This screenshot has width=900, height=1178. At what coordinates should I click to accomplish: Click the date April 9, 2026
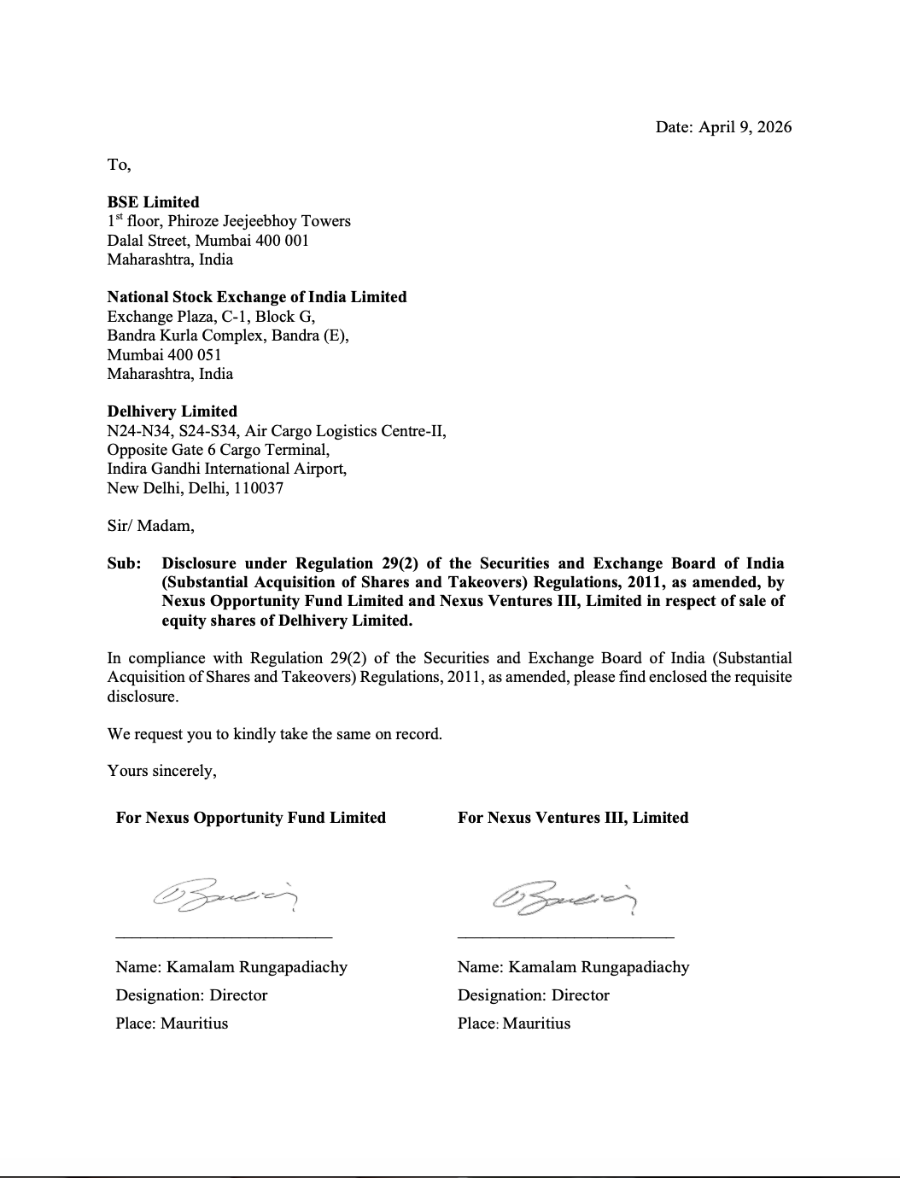745,127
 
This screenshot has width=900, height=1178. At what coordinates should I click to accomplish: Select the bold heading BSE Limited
153,202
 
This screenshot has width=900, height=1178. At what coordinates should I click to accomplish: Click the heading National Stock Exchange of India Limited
256,297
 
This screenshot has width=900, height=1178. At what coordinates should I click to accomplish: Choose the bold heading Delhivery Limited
172,411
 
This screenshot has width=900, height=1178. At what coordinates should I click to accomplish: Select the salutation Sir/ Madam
150,526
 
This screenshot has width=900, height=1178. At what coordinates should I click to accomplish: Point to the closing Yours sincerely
161,771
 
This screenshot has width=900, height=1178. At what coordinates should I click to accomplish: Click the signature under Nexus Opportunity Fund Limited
225,897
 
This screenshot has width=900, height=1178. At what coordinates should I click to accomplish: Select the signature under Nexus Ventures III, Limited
566,897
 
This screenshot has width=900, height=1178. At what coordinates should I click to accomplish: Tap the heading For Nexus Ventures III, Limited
572,818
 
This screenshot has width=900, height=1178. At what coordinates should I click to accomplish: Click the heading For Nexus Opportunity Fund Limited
250,818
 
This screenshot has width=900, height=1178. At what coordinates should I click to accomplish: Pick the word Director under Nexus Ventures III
580,995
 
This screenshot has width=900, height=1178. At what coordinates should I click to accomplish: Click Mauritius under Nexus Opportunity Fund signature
194,1023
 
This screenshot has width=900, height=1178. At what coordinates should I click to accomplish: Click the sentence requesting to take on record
274,734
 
